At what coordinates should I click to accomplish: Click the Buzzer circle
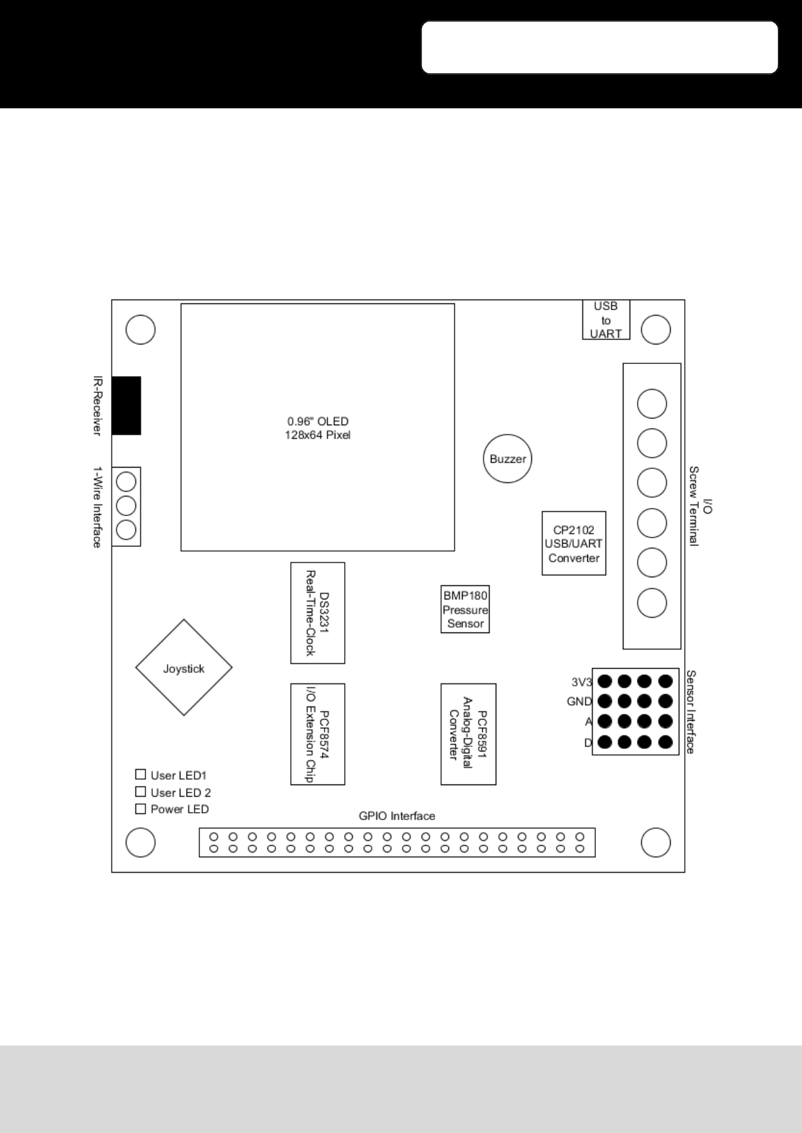coord(507,459)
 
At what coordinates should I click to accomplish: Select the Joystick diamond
coord(184,667)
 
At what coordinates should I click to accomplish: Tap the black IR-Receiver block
coord(126,406)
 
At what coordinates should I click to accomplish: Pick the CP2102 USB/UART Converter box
coord(574,543)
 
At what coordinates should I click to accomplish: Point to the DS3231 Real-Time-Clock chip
coord(317,613)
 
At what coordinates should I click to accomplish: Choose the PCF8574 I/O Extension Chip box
coord(317,735)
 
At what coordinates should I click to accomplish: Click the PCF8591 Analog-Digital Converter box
coord(469,735)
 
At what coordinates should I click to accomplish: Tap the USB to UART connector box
coord(606,320)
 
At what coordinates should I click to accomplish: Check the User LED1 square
coord(140,774)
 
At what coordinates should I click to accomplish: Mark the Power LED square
coord(140,809)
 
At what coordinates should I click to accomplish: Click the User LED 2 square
coord(140,792)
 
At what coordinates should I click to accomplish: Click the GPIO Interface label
coord(397,816)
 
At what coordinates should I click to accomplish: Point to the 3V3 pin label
coord(582,682)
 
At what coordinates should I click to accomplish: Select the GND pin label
coord(579,702)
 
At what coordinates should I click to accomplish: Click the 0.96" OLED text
coord(318,421)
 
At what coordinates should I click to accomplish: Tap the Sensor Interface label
coord(691,712)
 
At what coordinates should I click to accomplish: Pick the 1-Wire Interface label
coord(97,507)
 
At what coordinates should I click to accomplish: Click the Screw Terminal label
coord(694,507)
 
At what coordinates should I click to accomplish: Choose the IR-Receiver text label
coord(97,406)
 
